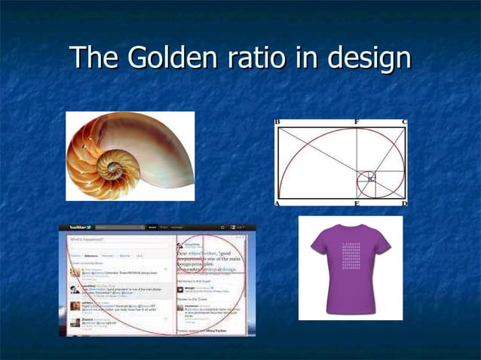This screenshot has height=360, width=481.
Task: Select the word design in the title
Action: click(369, 58)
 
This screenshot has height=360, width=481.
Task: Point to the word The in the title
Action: click(93, 58)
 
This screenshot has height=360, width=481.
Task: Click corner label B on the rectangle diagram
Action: click(277, 121)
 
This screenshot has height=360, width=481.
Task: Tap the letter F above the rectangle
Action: click(357, 121)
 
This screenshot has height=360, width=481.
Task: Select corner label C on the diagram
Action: click(404, 121)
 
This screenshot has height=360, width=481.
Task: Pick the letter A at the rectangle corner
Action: click(277, 203)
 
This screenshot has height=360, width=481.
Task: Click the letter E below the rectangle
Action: click(357, 203)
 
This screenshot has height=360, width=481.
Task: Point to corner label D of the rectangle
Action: click(404, 203)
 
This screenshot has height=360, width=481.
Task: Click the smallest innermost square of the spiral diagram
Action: click(369, 178)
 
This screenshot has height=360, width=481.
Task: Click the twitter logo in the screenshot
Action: click(78, 227)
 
